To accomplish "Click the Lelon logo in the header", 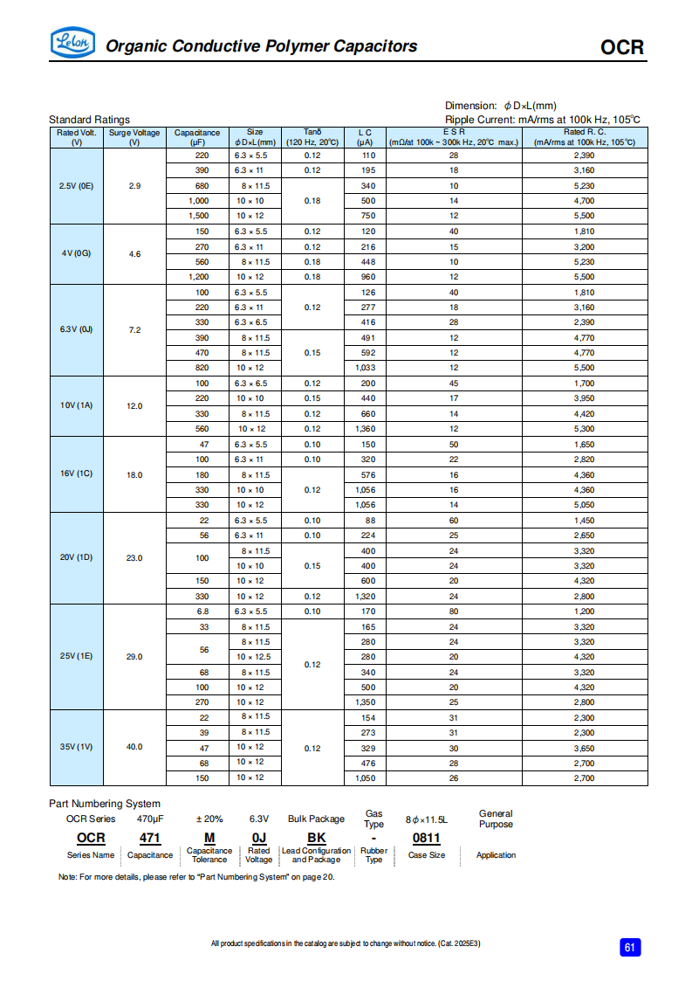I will [72, 43].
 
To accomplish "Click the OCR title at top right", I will [621, 47].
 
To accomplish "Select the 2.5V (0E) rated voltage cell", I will [76, 185].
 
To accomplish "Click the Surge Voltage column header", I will [134, 137].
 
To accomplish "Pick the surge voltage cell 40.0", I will [134, 747].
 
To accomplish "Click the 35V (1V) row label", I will [76, 747].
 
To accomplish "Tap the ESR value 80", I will [454, 611].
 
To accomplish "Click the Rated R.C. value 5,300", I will [584, 429].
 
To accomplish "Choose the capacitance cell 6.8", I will [202, 611].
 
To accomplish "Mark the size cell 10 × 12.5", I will [254, 657].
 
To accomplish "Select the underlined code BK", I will [316, 838].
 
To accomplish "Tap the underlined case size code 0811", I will [426, 838].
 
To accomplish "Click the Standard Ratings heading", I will [89, 120].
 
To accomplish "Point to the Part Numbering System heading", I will [105, 804].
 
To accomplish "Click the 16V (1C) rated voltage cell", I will [76, 474].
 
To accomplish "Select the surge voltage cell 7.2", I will [134, 330].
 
